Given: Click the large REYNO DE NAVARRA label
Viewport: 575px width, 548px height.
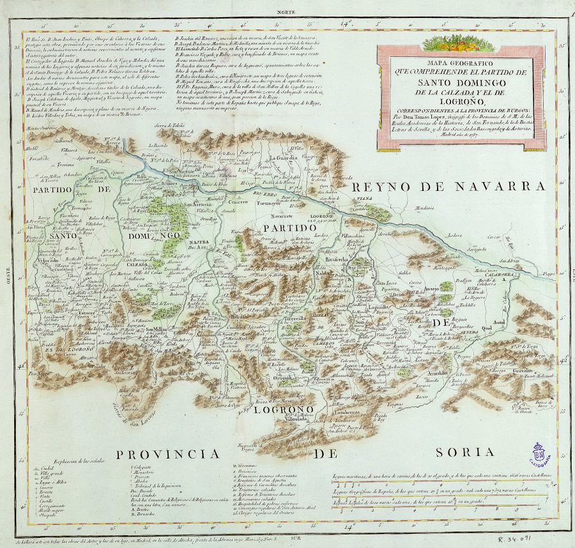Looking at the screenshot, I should click(448, 186).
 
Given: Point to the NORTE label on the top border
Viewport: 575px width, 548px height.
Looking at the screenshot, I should click(286, 11).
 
